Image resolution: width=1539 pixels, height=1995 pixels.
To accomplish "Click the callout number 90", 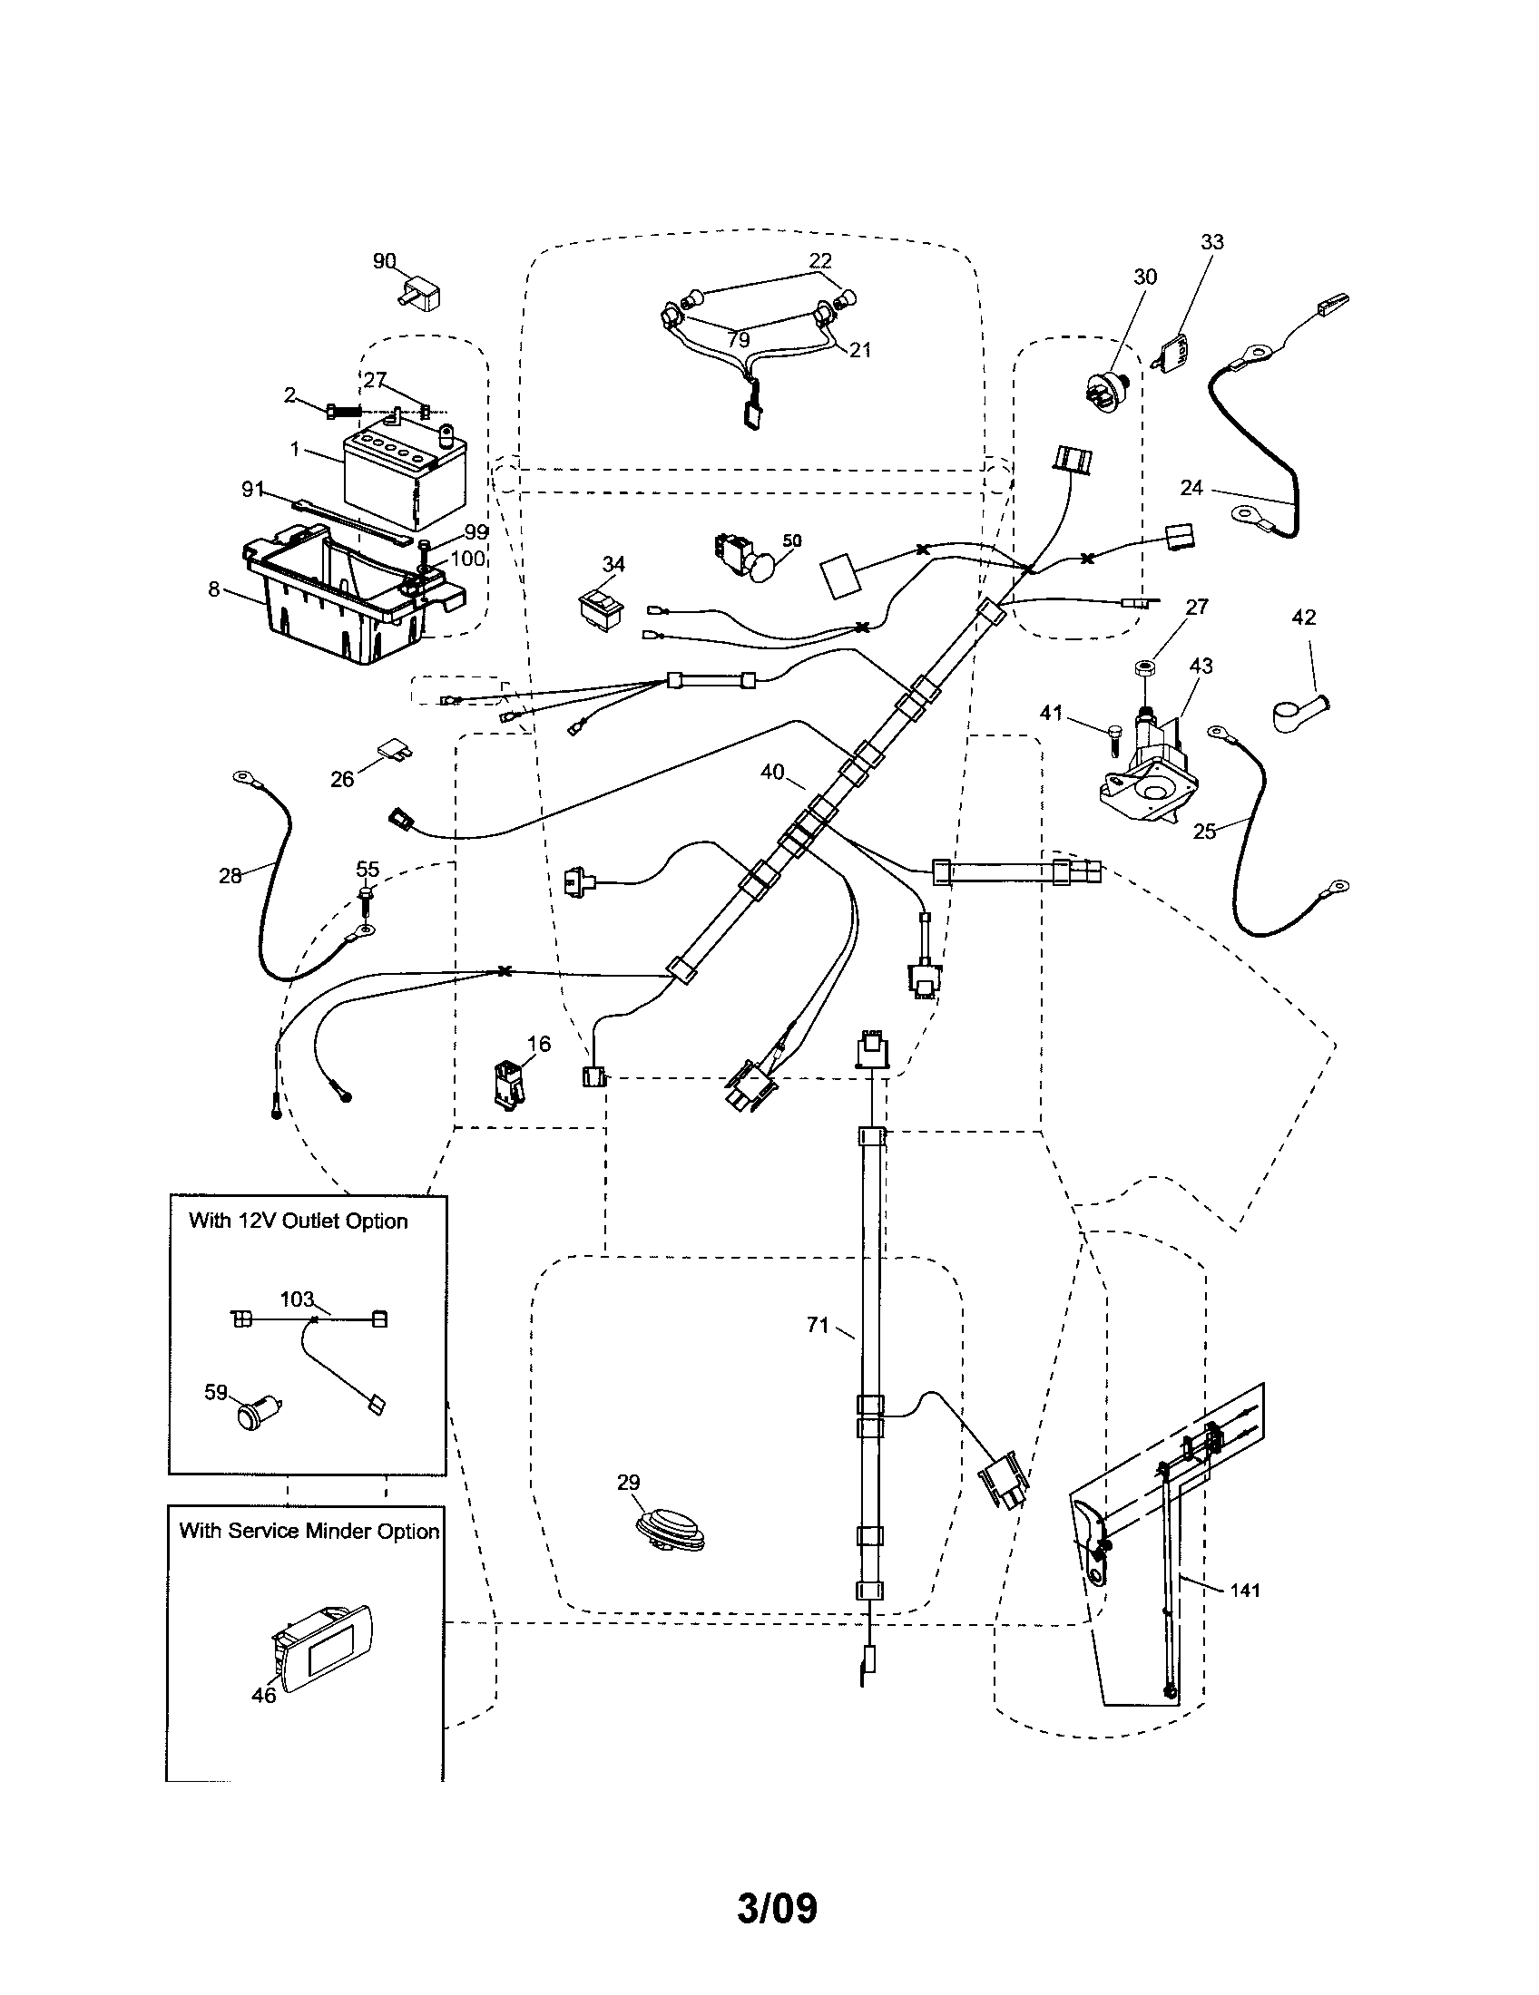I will pyautogui.click(x=384, y=261).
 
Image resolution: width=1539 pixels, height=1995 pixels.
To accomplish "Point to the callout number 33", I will pyautogui.click(x=1211, y=242).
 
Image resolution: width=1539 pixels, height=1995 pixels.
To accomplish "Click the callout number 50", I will pyautogui.click(x=791, y=540).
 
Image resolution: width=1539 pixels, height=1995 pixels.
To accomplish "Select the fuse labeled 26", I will pyautogui.click(x=394, y=751).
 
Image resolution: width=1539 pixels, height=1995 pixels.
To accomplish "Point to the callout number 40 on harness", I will pyautogui.click(x=771, y=773).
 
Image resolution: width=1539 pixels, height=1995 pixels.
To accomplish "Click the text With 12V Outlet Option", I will pyautogui.click(x=298, y=1221).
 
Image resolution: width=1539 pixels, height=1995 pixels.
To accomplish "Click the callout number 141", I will pyautogui.click(x=1245, y=1591).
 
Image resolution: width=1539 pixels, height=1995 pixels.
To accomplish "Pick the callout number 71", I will pyautogui.click(x=817, y=1326).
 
